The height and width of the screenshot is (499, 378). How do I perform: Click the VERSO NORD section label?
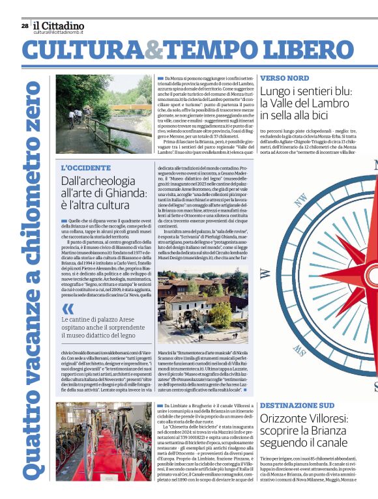(x=284, y=78)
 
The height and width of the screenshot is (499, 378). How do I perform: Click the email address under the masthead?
(x=59, y=32)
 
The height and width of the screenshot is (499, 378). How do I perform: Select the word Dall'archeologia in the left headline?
(x=98, y=180)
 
